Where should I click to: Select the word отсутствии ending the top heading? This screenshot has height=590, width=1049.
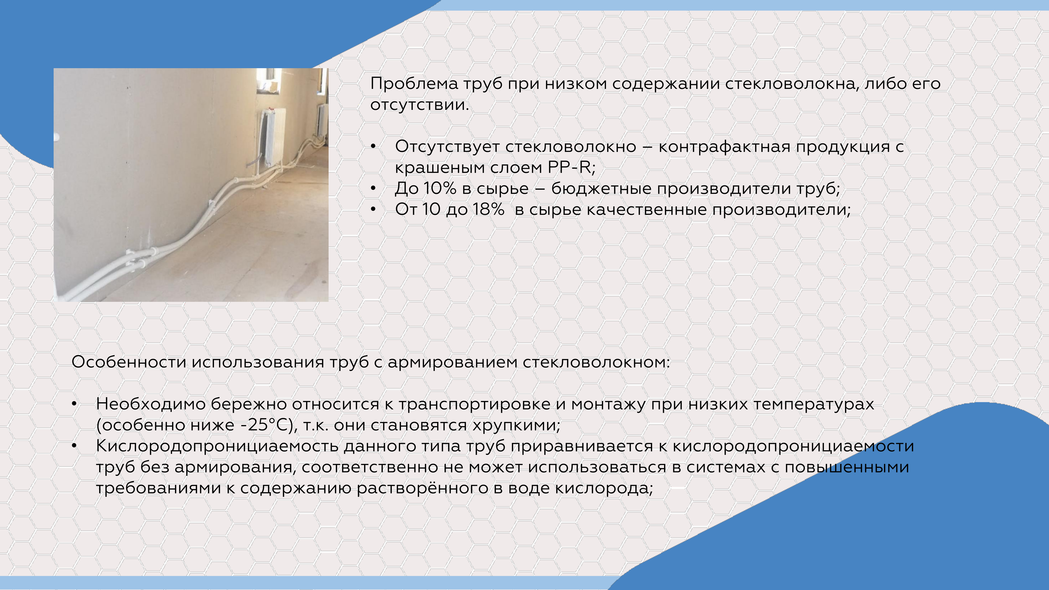(419, 105)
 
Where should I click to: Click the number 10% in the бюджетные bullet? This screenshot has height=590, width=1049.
(440, 189)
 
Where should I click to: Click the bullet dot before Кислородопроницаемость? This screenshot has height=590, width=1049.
(74, 446)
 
